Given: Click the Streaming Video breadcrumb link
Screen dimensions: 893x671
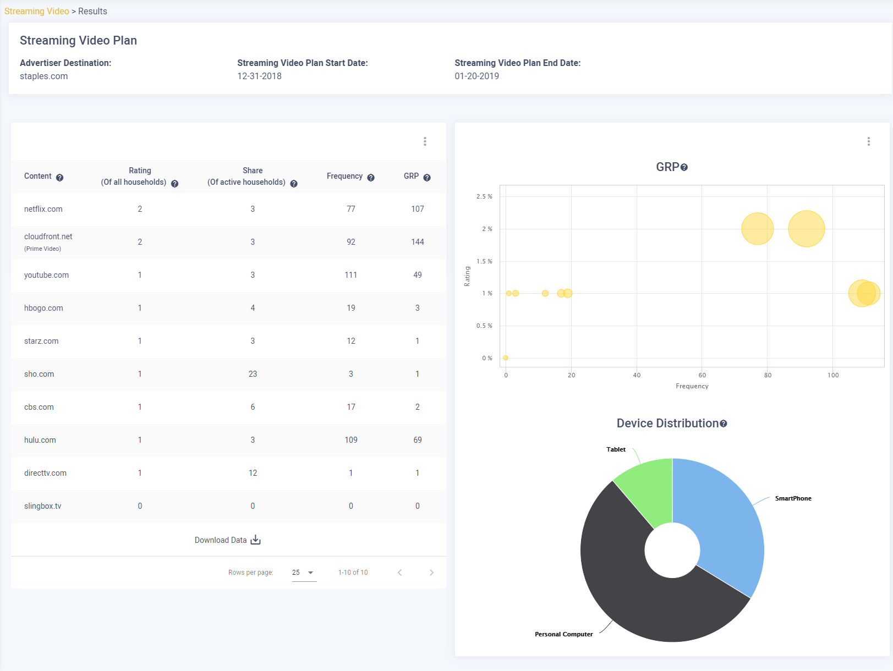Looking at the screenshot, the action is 37,12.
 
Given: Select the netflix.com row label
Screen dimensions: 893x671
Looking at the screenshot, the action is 43,209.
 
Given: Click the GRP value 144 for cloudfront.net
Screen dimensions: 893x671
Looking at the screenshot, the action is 418,242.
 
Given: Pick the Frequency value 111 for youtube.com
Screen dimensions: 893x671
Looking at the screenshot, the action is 350,275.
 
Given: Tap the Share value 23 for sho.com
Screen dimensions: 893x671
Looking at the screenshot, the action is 253,374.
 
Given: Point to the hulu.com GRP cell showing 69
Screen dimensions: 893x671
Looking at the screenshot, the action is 418,440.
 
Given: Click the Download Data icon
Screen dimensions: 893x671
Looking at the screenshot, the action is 255,540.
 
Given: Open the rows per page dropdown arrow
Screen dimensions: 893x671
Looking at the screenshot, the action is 310,573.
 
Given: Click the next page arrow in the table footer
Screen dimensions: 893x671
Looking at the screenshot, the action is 432,573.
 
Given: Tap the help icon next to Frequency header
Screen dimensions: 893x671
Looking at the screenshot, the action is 371,178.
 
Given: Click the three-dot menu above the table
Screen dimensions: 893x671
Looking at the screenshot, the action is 425,141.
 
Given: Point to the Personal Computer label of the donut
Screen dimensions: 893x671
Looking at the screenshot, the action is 563,634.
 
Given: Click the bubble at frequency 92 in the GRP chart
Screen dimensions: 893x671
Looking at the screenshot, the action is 807,229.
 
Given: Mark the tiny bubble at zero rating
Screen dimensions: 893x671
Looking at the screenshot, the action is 505,358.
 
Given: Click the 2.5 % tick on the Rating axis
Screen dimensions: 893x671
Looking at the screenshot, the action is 484,196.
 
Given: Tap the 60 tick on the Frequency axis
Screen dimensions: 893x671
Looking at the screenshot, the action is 702,375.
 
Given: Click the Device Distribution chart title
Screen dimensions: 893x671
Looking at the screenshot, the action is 667,424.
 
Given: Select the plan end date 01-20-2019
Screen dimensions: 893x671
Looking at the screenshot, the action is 477,76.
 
